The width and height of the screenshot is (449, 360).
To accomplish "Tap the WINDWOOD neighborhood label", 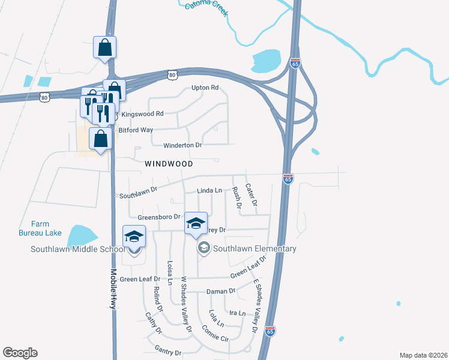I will click(x=169, y=163).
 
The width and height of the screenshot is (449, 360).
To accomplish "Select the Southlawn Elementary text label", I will click(x=255, y=249).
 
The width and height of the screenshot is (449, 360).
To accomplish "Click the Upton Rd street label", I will click(x=205, y=88).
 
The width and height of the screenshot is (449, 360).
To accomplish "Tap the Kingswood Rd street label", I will click(x=142, y=113).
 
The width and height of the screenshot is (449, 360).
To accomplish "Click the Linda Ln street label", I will click(x=209, y=191).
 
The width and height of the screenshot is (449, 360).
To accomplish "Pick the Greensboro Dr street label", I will click(x=159, y=217).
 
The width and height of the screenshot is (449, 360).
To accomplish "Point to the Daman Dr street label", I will click(x=221, y=291).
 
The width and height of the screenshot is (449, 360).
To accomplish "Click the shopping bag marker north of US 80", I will click(x=104, y=48).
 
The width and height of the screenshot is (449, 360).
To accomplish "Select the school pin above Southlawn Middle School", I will click(x=134, y=236).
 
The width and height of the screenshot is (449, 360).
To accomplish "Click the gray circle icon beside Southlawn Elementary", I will click(x=203, y=248).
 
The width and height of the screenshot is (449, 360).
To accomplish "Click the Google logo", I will click(x=20, y=353).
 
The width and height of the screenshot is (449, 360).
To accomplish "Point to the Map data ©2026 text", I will click(x=423, y=355).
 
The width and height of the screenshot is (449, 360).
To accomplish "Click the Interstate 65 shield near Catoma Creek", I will click(x=294, y=64).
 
